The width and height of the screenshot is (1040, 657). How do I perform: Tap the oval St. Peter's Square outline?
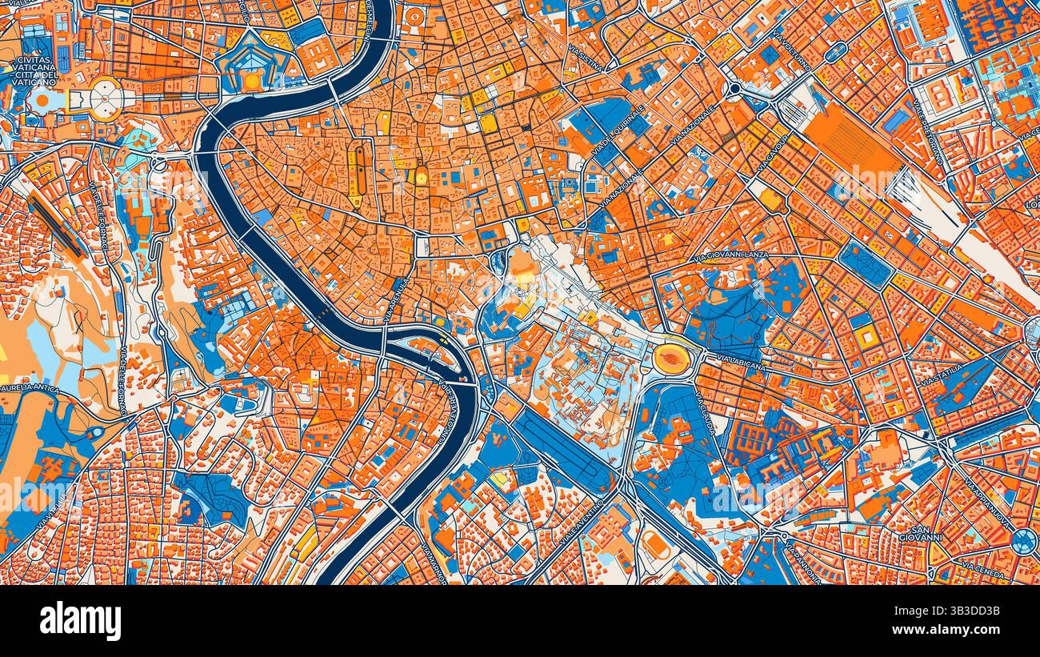[x=105, y=99]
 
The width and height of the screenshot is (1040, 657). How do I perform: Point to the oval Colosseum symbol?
[x=672, y=359]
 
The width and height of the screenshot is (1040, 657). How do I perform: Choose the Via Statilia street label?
[x=942, y=376]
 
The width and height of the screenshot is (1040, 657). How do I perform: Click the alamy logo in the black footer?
[x=80, y=621]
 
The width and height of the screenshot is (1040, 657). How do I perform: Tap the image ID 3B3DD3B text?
[x=960, y=611]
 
